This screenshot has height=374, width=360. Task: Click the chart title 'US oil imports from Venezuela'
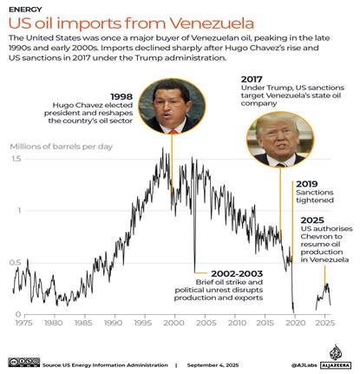(x=131, y=23)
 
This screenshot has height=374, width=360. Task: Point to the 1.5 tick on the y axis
(x=16, y=159)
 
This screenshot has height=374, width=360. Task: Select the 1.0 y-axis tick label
(x=16, y=210)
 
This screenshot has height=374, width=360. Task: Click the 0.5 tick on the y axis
(x=16, y=262)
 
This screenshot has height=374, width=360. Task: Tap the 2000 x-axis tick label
(x=173, y=323)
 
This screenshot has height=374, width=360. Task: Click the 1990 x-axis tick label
(x=114, y=323)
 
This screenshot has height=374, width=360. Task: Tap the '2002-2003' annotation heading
(x=221, y=272)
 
